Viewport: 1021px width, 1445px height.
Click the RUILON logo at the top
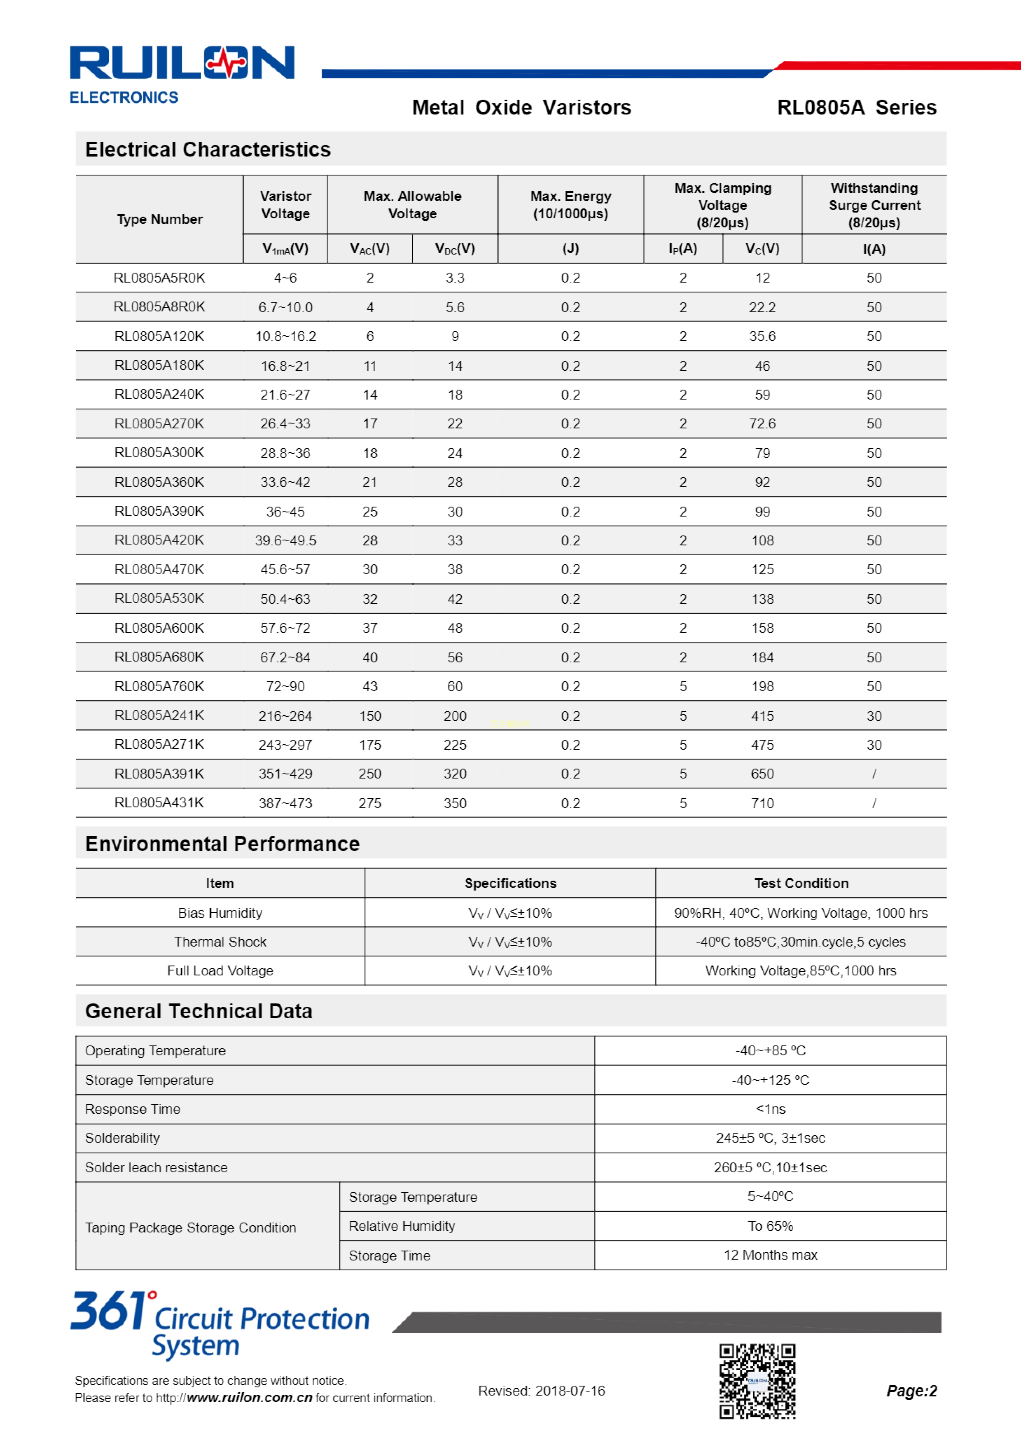181,63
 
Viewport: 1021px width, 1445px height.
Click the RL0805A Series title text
856,108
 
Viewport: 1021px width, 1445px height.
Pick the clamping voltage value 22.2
762,308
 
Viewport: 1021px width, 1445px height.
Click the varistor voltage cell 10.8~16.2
285,337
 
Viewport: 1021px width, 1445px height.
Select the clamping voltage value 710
762,804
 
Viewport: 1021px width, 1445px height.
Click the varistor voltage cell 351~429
285,774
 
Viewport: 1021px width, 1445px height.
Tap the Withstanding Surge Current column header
874,205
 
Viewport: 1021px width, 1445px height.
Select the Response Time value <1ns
770,1110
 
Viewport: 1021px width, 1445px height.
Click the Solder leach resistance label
156,1168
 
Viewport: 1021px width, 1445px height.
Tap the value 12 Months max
770,1256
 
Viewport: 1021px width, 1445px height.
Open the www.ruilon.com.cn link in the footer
249,1398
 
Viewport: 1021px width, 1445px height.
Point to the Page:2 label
911,1391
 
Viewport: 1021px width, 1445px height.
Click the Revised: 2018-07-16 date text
541,1391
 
